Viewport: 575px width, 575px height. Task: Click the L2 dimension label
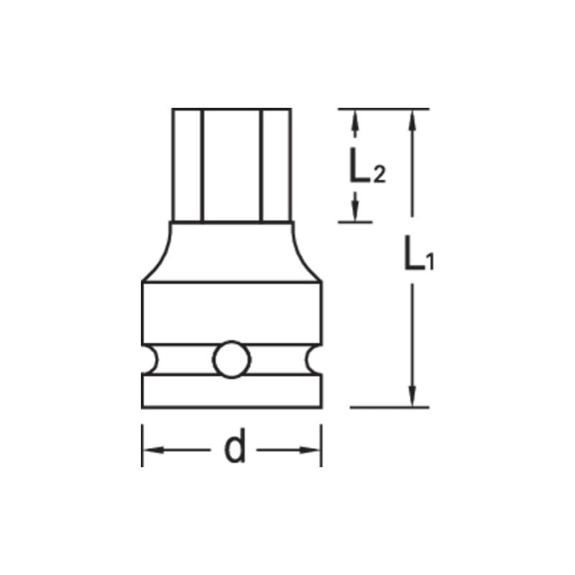point(367,170)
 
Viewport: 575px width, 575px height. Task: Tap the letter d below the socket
point(234,450)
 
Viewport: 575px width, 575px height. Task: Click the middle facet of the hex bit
point(231,165)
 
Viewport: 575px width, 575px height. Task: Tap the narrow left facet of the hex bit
point(187,165)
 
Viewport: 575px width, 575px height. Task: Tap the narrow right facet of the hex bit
point(276,165)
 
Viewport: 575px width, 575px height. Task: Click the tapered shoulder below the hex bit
point(231,252)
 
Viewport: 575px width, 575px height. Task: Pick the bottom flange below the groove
point(231,392)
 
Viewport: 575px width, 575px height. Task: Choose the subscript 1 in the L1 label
point(429,264)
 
